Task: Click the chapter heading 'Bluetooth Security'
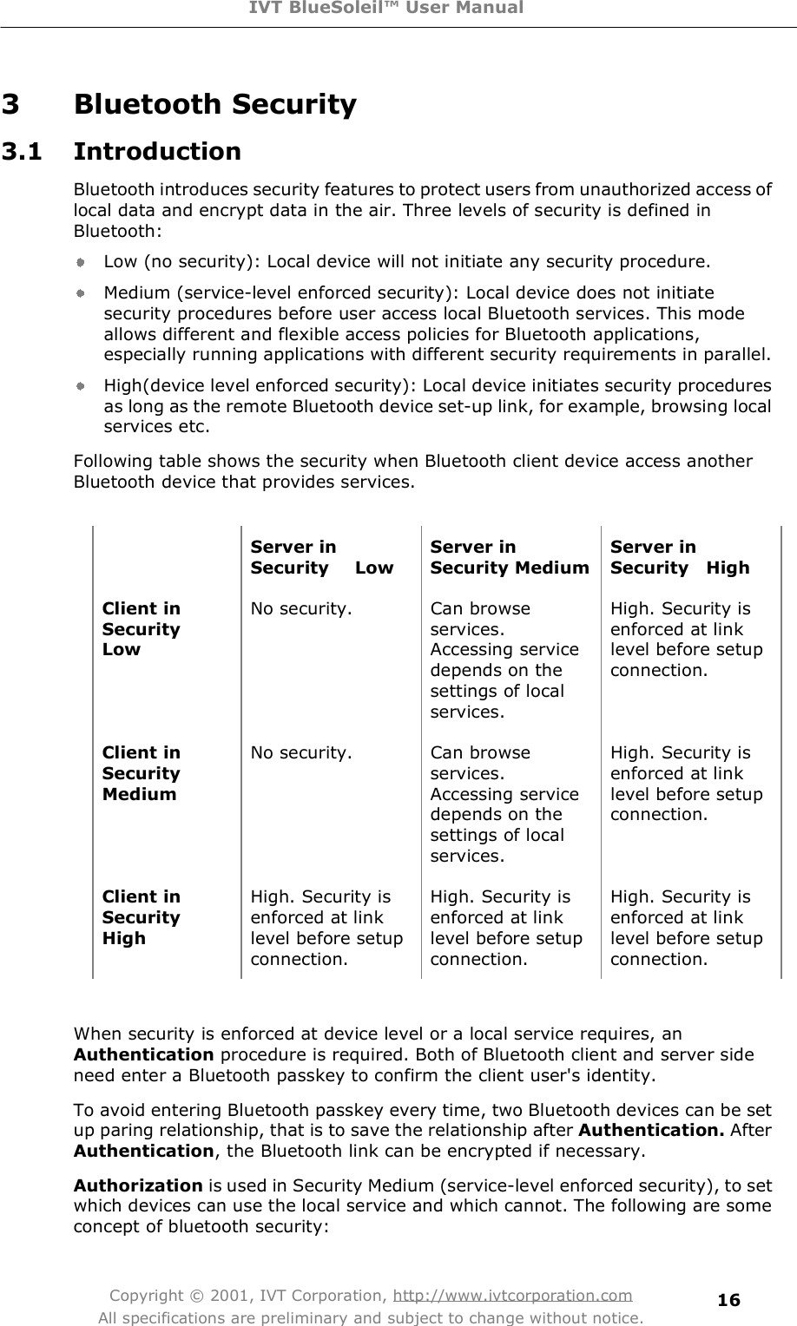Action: click(x=215, y=105)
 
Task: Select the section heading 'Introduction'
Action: click(x=157, y=152)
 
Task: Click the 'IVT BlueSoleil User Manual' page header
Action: click(x=398, y=9)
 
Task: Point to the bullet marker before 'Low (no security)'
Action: click(x=79, y=260)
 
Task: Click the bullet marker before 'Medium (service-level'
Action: click(x=79, y=293)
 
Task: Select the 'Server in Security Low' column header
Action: click(x=321, y=557)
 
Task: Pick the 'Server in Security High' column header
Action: click(x=679, y=557)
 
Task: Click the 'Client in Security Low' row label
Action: click(x=142, y=629)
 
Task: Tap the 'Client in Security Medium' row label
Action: click(x=142, y=773)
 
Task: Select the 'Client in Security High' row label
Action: click(x=142, y=917)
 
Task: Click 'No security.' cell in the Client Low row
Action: click(x=301, y=609)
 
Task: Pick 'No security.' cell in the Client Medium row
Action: click(x=301, y=753)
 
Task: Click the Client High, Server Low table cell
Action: click(x=326, y=928)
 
